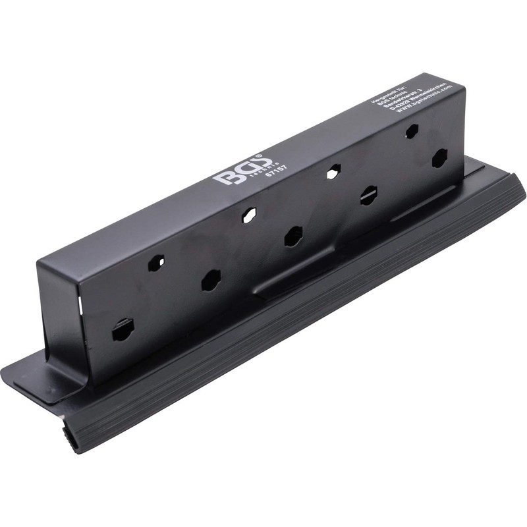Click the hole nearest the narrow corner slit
[x=123, y=329]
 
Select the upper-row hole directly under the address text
[x=411, y=130]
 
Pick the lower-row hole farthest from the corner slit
[x=439, y=158]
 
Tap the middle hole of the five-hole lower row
[x=293, y=236]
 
